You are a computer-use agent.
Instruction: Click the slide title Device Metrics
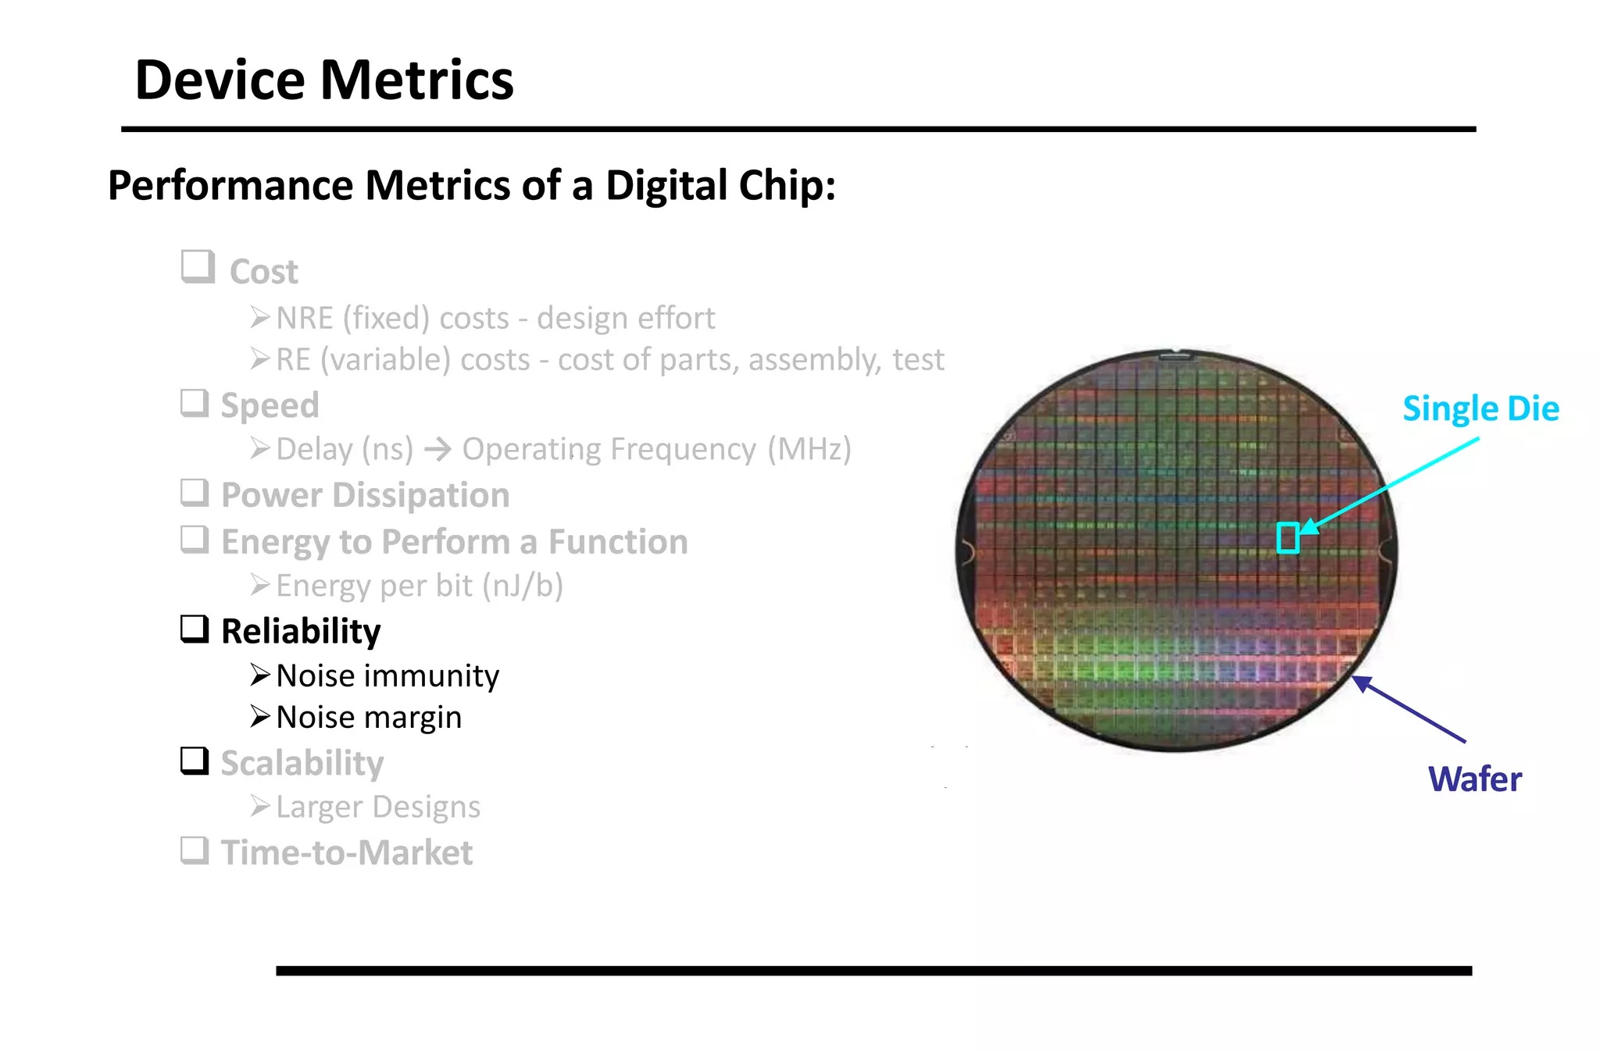(323, 80)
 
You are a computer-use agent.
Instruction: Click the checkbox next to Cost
(198, 267)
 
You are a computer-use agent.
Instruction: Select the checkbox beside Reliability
(195, 629)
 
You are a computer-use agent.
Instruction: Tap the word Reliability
(301, 631)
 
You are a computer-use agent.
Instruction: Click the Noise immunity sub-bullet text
(387, 676)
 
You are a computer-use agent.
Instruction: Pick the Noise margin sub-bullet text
(369, 717)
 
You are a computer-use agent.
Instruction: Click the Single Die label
(1480, 408)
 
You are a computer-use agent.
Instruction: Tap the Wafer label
(1474, 779)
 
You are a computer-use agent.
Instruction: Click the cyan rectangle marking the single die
(1287, 538)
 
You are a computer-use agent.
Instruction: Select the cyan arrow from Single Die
(1391, 487)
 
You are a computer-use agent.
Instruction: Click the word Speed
(270, 405)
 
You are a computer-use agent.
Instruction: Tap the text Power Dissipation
(365, 495)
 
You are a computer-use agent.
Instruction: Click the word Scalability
(302, 763)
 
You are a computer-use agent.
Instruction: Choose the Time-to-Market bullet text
(346, 852)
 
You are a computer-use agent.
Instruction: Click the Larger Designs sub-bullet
(378, 807)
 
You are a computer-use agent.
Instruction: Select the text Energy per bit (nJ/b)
(420, 586)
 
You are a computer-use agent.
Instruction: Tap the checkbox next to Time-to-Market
(195, 850)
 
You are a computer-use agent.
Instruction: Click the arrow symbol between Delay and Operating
(437, 449)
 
